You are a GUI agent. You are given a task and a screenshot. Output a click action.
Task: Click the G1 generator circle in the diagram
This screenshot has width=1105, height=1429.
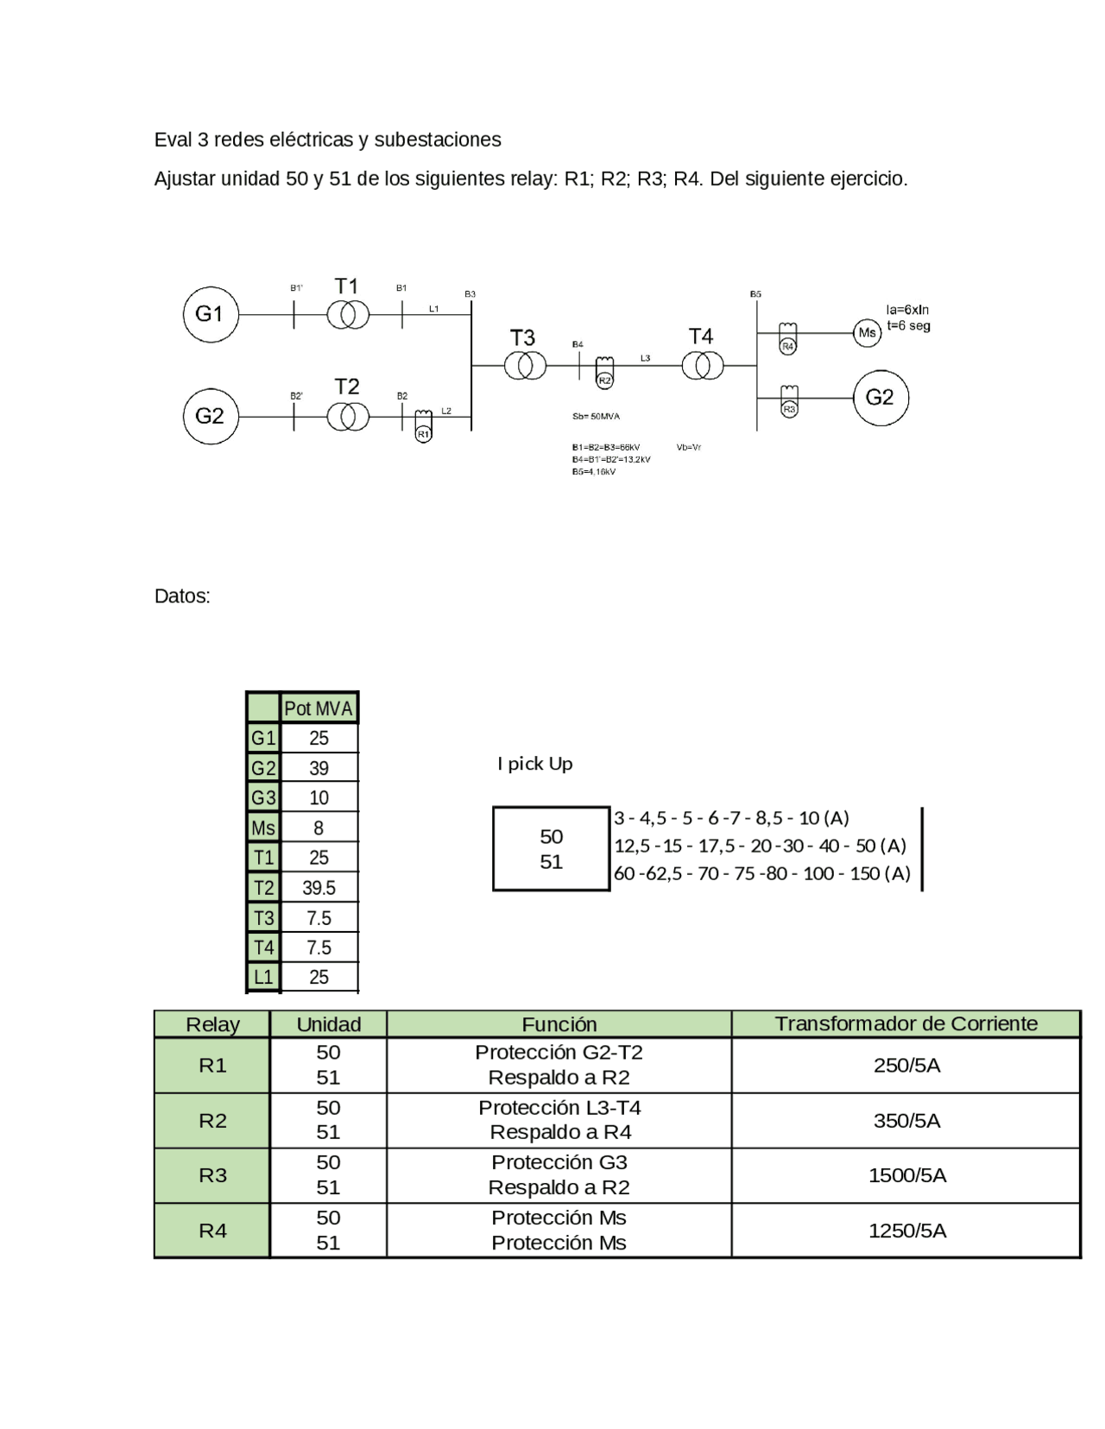pos(210,315)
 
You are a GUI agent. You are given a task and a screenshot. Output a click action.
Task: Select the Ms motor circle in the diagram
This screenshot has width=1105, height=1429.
pos(867,333)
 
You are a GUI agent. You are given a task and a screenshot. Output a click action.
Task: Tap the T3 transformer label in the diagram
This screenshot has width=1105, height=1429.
pos(522,337)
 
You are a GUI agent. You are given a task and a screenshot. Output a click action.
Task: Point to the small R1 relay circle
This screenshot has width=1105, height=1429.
pos(423,434)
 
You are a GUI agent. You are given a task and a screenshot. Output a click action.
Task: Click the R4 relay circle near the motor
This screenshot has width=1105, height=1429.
pos(787,346)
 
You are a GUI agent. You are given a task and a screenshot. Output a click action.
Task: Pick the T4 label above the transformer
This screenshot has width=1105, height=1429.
pos(701,337)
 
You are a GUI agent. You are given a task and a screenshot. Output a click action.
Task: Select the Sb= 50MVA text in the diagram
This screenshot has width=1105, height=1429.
pos(596,417)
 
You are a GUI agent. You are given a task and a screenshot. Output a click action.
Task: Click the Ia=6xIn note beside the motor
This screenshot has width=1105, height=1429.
pos(907,310)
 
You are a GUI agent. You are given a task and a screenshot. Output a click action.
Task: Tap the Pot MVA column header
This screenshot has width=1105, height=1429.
pos(319,708)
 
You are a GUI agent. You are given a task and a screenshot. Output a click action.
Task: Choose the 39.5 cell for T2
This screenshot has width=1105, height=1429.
pos(319,888)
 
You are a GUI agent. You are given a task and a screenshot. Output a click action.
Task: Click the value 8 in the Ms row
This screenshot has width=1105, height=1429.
pos(319,828)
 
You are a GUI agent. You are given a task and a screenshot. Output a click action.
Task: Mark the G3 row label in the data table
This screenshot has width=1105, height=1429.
pos(263,798)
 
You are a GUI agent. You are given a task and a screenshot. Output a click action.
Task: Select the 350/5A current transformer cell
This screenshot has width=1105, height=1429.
pos(906,1121)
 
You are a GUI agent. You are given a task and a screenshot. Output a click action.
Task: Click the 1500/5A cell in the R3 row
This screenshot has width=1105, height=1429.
pos(906,1175)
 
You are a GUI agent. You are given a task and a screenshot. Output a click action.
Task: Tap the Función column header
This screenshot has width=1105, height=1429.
pos(559,1024)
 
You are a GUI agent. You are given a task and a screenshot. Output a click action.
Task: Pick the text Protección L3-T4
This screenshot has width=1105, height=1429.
pos(559,1108)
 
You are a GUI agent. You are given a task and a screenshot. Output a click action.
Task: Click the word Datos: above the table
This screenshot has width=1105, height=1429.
pos(182,596)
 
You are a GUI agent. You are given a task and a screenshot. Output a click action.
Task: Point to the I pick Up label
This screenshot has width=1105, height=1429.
pos(535,764)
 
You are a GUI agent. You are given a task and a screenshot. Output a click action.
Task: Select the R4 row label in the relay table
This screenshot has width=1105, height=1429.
pos(212,1231)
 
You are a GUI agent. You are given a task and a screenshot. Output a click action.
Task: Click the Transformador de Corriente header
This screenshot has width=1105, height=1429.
pos(906,1024)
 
